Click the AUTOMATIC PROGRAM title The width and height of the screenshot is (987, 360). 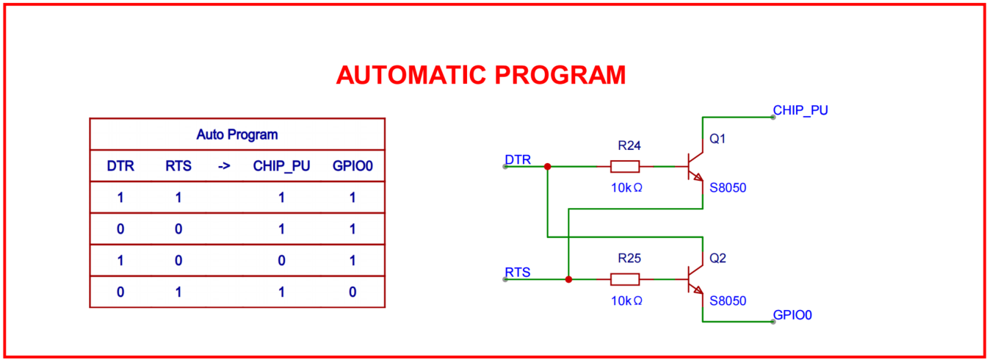pos(481,75)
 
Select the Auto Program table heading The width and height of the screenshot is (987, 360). pos(236,134)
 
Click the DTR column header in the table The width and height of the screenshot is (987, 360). pos(120,166)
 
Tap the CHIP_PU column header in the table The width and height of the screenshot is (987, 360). pos(281,166)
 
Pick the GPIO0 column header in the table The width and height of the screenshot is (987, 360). pos(352,166)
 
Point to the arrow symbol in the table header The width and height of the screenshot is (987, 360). pos(224,166)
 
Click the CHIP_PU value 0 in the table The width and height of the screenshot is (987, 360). pos(281,260)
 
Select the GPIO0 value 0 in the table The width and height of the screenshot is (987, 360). pos(352,292)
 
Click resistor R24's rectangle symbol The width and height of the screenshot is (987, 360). pos(625,167)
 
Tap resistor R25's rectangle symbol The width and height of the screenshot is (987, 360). pos(625,279)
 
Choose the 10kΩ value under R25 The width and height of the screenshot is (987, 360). pos(626,300)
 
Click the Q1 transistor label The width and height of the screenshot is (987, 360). pos(717,139)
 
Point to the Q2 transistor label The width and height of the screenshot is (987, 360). pos(717,259)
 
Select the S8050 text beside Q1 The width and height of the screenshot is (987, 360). pos(728,188)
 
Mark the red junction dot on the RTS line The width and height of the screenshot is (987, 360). pos(569,279)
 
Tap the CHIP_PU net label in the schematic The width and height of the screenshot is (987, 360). pos(800,110)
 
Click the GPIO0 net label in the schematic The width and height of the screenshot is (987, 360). pos(792,315)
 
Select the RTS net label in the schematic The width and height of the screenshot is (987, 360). pos(518,272)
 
